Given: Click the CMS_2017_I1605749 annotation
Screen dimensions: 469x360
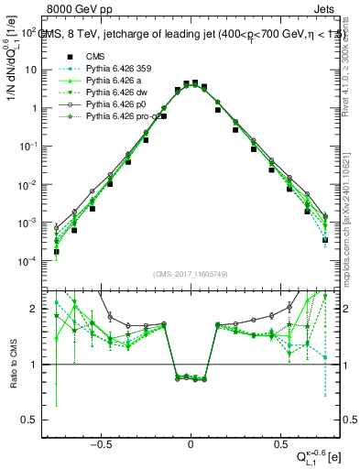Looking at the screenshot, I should click(191, 275).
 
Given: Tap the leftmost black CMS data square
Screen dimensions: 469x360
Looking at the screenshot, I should click(56, 252).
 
